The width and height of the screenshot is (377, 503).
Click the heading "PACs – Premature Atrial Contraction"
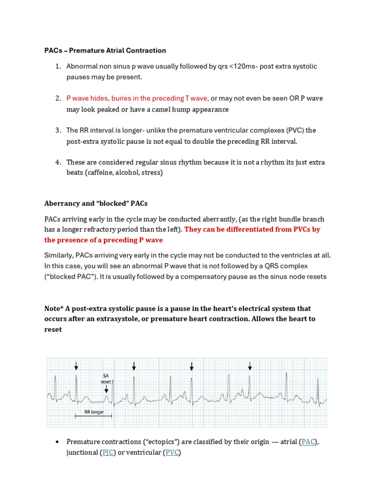pyautogui.click(x=105, y=51)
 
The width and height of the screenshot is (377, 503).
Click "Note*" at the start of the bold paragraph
pyautogui.click(x=54, y=308)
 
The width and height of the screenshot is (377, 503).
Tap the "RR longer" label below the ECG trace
pyautogui.click(x=93, y=412)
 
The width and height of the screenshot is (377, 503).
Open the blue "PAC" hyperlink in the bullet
pyautogui.click(x=308, y=442)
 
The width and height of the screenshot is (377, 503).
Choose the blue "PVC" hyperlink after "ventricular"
pyautogui.click(x=172, y=452)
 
